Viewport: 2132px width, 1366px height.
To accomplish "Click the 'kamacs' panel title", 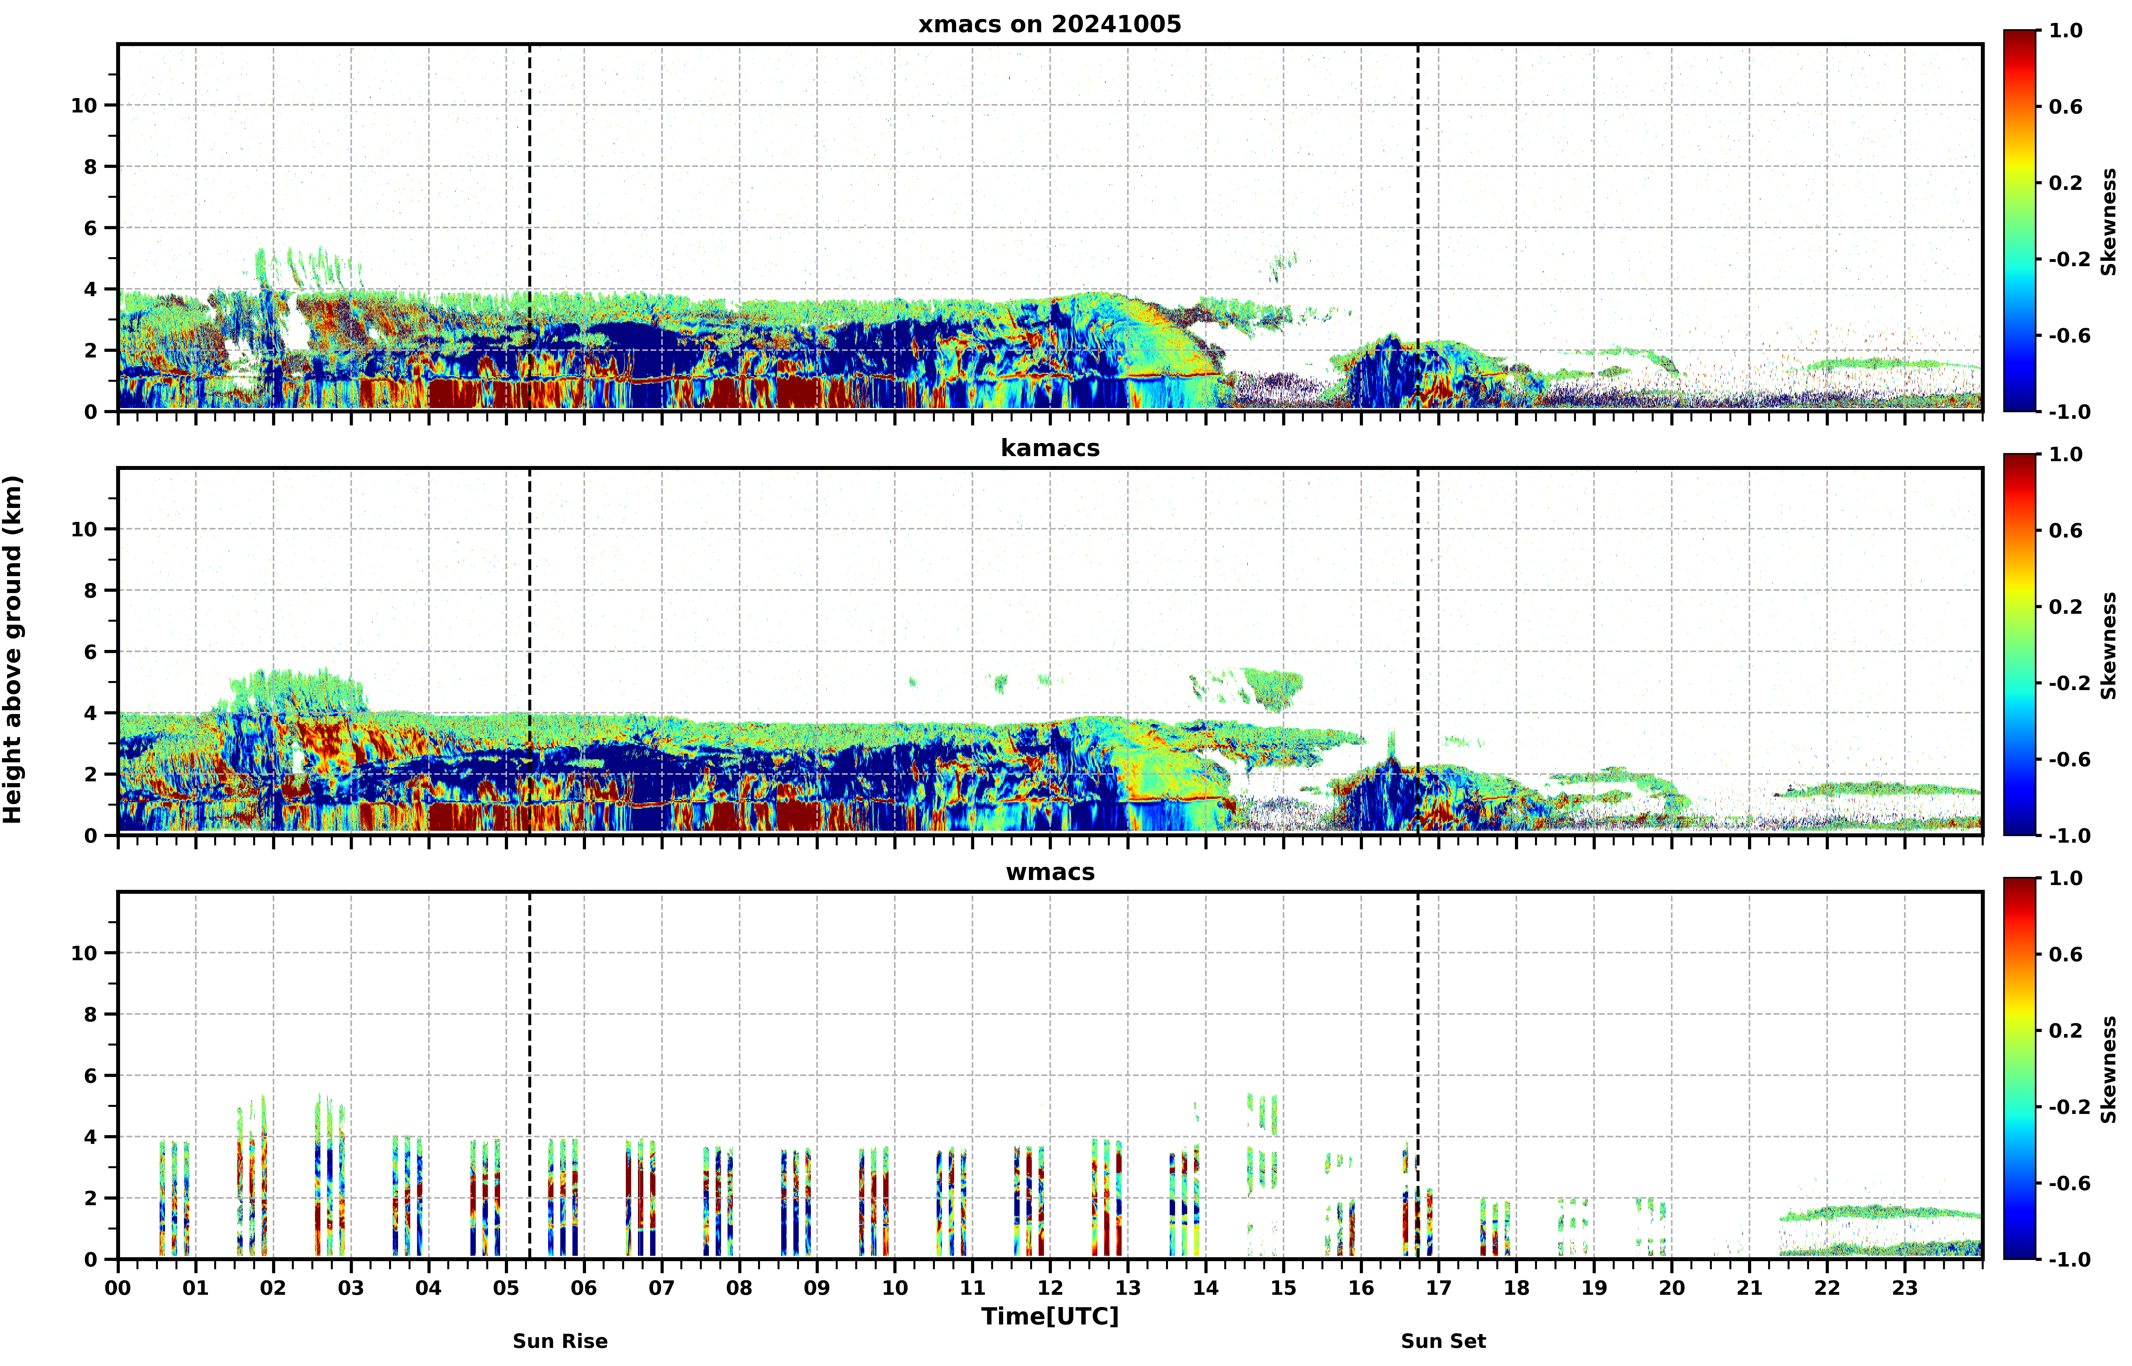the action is click(1050, 448).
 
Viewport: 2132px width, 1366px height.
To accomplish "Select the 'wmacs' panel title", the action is click(1050, 872).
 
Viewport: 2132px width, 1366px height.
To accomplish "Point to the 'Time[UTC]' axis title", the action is click(1050, 1316).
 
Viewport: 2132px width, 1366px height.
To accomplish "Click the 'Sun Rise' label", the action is click(561, 1341).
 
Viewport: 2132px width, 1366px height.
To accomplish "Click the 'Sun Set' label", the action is click(1444, 1341).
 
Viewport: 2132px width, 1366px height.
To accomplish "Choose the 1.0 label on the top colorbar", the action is click(2066, 30).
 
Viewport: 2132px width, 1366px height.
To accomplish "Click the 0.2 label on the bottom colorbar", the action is click(2066, 1031).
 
